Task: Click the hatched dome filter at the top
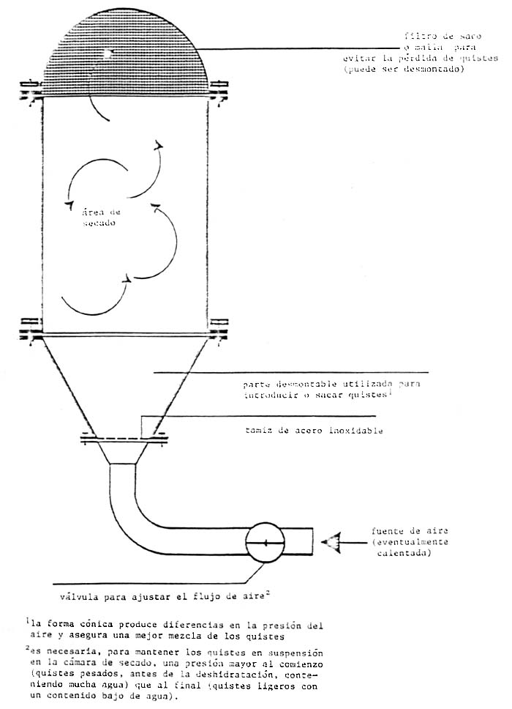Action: click(x=128, y=51)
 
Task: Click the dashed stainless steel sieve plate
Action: click(x=122, y=440)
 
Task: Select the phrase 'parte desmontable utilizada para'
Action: click(x=332, y=383)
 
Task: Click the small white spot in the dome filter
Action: click(x=108, y=53)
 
